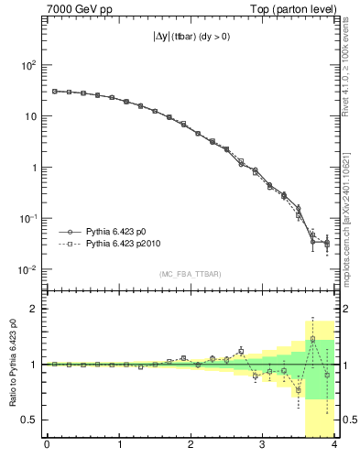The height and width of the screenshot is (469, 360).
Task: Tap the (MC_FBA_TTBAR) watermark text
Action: (191, 274)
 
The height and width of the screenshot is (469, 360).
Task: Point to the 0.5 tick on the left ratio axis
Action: (27, 420)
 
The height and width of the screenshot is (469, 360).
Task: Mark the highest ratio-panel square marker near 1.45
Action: (312, 339)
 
